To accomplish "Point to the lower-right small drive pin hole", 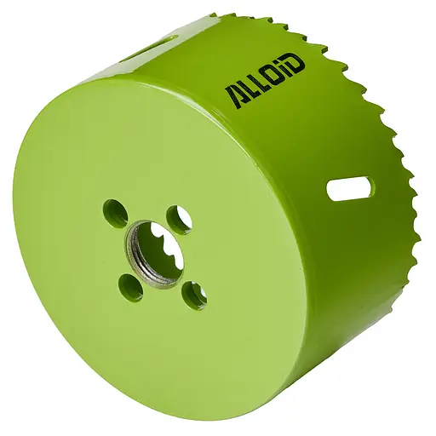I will [x=194, y=295].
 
